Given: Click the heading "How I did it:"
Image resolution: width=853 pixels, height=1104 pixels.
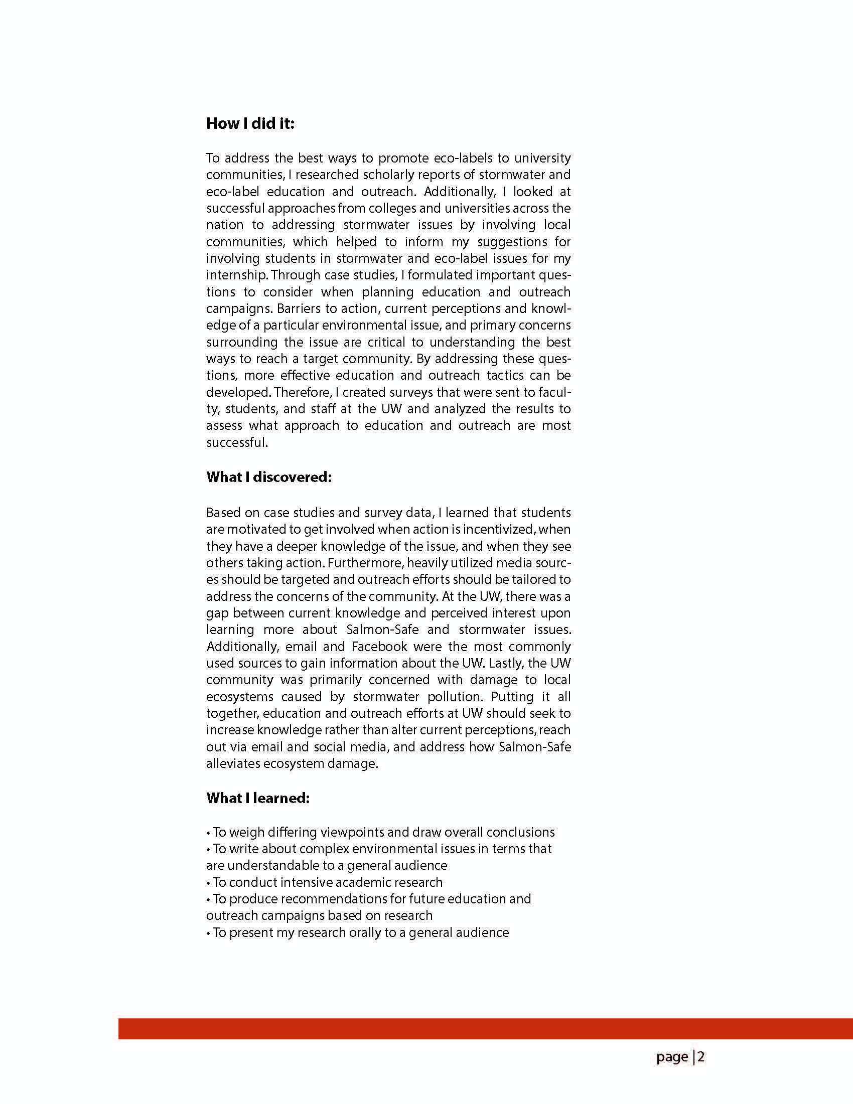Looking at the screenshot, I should pos(250,123).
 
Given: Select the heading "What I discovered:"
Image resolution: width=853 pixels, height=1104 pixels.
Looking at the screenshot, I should pos(268,477).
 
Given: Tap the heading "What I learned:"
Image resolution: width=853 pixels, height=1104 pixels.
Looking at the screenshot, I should pos(257,798).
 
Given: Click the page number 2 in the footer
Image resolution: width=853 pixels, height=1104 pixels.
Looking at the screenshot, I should pos(701,1056).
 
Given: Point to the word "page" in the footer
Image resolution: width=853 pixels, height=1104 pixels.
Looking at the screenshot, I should pos(672,1057).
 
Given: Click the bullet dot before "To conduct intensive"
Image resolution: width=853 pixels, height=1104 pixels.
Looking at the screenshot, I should pos(208,883).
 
